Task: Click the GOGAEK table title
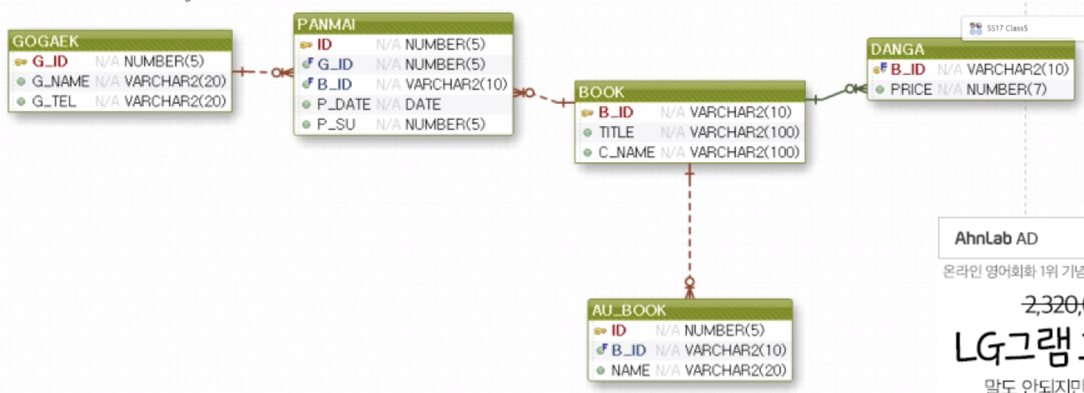(x=46, y=41)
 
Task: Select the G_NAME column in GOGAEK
(x=60, y=81)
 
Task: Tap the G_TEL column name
(x=54, y=102)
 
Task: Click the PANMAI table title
(x=326, y=24)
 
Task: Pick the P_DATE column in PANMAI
(x=343, y=105)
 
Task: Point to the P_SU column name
(x=336, y=125)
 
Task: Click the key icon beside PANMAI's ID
(x=306, y=45)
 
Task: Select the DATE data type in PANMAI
(x=423, y=105)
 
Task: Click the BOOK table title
(x=601, y=92)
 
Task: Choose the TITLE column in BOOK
(x=616, y=132)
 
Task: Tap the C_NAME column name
(x=627, y=152)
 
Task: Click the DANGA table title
(x=897, y=49)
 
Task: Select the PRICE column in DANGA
(x=911, y=90)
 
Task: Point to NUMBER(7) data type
(x=1007, y=90)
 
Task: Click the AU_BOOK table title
(x=629, y=310)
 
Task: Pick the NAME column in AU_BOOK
(x=630, y=371)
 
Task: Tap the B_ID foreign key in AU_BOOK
(x=629, y=350)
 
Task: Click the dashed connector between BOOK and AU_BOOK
(x=690, y=229)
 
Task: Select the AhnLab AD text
(x=996, y=238)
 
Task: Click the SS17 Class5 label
(x=1007, y=29)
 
